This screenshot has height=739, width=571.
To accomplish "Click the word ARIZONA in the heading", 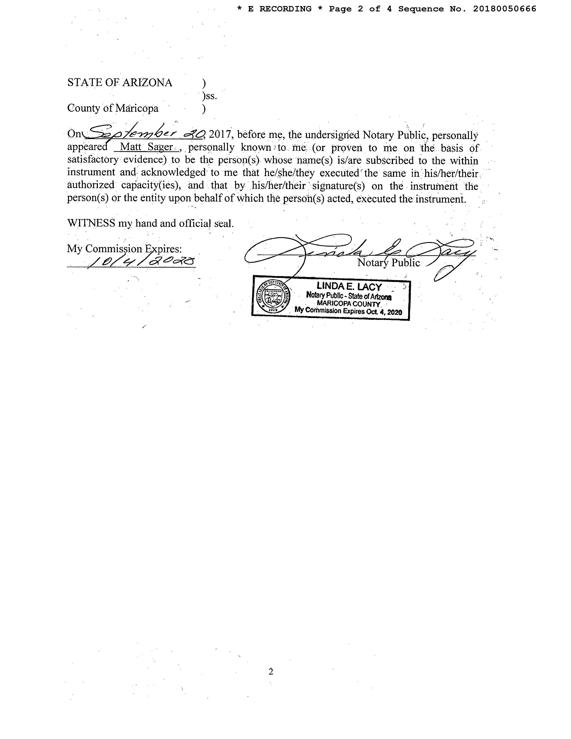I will coord(147,83).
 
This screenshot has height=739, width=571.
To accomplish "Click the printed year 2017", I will coord(220,134).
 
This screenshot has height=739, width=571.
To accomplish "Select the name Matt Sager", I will coord(146,147).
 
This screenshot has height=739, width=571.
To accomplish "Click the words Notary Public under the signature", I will coord(388,263).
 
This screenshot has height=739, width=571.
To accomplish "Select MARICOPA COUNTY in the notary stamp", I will coord(348,303).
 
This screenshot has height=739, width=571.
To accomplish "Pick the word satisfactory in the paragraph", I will coord(93,159).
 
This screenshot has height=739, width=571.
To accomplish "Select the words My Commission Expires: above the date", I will coord(124,249).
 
